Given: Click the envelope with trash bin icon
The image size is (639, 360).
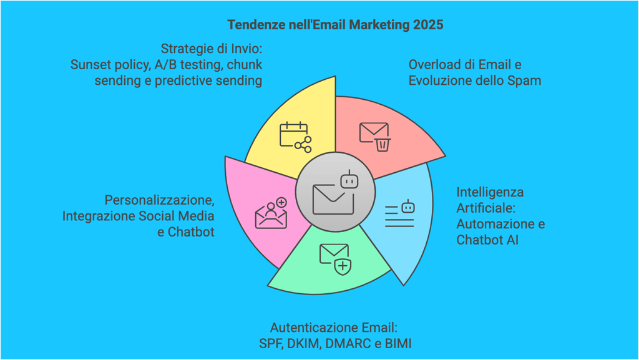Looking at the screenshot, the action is coord(374,136).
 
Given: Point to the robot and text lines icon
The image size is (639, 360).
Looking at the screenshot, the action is coord(400,214).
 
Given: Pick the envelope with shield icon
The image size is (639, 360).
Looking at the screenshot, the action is coord(334,258).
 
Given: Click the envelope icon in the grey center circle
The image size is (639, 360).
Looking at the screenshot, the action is coord(329,199).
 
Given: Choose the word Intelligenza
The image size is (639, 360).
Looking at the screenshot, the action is coord(490,192).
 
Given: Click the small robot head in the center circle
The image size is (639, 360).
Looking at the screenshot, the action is coord(349,181).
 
